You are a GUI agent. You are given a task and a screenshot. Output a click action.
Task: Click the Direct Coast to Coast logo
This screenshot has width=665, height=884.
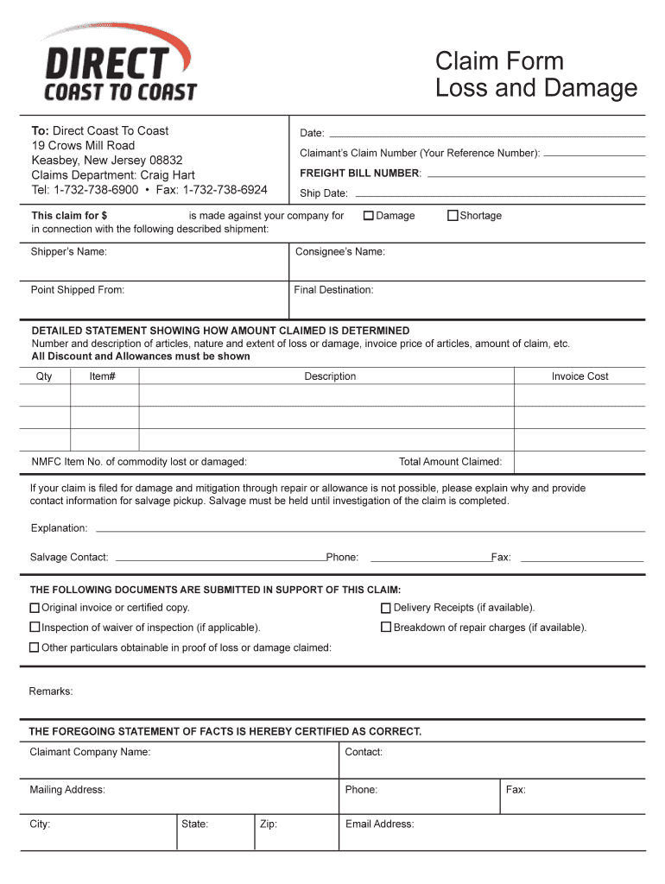pos(119,63)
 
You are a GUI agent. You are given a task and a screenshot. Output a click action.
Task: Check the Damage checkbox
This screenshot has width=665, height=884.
pos(368,216)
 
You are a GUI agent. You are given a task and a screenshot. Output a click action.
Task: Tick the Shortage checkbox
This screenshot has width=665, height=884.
pos(453,216)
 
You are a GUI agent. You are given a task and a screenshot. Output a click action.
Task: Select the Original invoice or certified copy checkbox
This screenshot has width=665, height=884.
pos(35,609)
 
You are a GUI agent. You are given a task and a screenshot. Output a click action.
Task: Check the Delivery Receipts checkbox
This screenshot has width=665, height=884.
pos(386,609)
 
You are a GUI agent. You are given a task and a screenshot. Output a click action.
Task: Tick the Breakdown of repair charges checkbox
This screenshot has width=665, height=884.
pos(386,628)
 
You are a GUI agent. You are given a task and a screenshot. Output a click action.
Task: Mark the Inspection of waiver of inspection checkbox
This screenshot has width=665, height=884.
pos(35,628)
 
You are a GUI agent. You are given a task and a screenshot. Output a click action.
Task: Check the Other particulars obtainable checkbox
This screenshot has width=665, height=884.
pos(35,647)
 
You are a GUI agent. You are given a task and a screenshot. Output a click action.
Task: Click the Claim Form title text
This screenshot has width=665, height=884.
pos(499,61)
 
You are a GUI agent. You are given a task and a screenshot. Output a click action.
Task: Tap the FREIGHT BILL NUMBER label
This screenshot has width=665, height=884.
pos(360,174)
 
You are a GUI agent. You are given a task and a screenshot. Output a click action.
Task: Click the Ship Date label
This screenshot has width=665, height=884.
pos(323,193)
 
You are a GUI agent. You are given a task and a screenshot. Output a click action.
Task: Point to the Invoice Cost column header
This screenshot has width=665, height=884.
pos(579,376)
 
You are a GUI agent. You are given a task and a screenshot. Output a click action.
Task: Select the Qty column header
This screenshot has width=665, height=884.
pos(44,376)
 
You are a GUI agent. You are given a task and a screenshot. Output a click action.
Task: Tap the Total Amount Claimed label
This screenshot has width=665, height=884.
pos(450,462)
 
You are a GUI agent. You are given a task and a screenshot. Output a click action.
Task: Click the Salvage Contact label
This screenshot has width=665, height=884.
pos(69,558)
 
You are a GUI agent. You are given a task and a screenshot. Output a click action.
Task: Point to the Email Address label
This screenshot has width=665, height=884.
pos(379,824)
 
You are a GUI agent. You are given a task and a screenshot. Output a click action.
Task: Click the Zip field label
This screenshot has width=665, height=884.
pos(268,824)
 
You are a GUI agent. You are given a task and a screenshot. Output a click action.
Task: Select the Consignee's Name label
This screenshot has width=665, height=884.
pos(340,252)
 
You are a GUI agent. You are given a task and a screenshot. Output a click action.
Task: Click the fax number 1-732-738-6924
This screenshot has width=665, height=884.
pos(225,190)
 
